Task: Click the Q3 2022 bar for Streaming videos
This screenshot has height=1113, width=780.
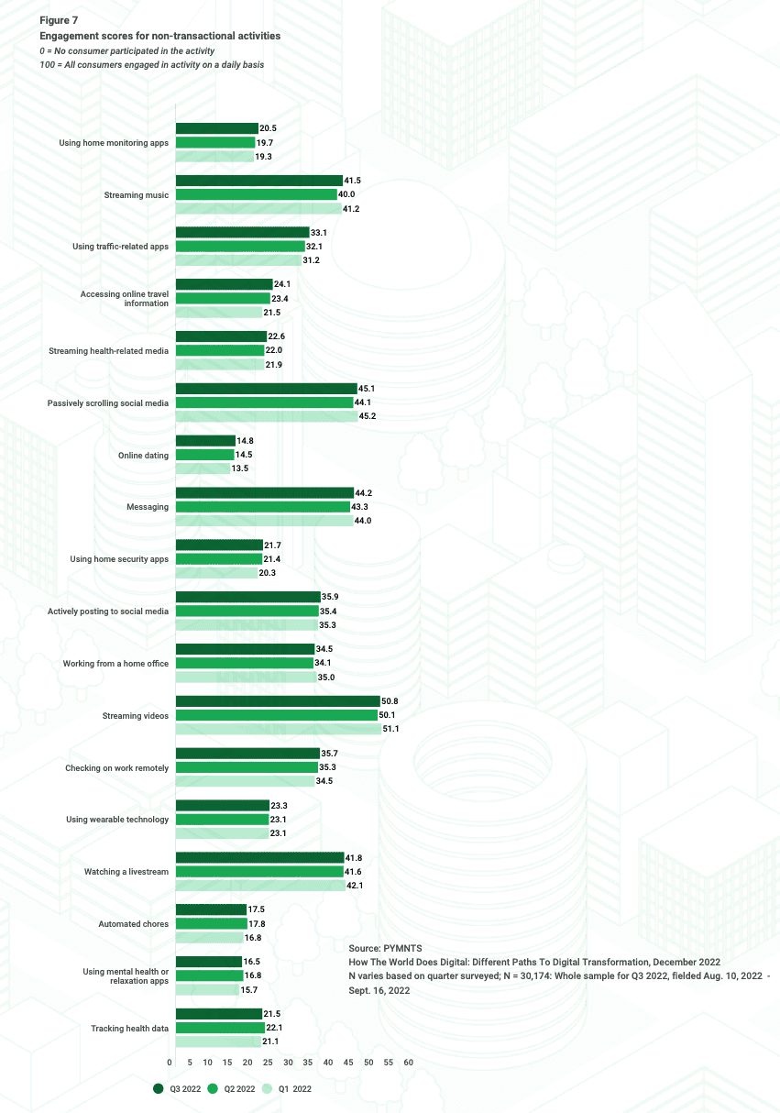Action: tap(277, 701)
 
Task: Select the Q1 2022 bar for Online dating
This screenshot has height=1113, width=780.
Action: tap(203, 468)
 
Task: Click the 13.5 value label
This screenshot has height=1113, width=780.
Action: tap(240, 468)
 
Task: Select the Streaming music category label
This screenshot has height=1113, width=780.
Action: tap(136, 195)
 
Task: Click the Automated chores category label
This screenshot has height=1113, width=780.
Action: tap(133, 924)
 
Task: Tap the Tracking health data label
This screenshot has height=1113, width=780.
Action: tap(129, 1029)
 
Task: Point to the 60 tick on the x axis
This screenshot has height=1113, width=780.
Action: tap(408, 1063)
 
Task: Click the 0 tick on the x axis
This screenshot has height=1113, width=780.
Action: tap(170, 1063)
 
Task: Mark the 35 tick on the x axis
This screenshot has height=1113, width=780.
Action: tap(309, 1063)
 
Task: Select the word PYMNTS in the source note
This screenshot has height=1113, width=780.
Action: tap(401, 947)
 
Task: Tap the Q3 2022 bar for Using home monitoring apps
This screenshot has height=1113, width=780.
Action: tap(216, 129)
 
